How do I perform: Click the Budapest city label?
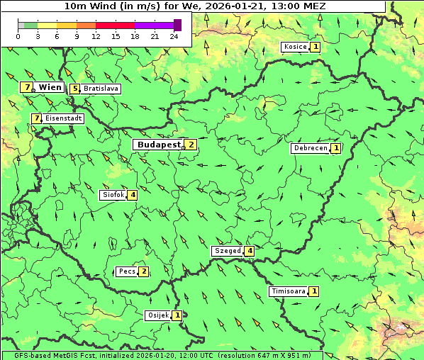(159, 145)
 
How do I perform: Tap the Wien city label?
(50, 87)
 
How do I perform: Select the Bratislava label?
(100, 89)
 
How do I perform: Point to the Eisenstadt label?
(63, 118)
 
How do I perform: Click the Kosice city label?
(295, 47)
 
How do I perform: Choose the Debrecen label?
(311, 149)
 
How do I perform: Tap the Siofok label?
(113, 195)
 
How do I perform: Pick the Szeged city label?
(228, 251)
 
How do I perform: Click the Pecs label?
(128, 271)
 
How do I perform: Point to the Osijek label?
(158, 315)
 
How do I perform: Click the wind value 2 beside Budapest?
(190, 145)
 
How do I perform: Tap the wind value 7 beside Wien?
(27, 87)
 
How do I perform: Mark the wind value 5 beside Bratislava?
(74, 89)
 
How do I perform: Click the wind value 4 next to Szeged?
(249, 251)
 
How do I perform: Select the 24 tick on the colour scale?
(174, 36)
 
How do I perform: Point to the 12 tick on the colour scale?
(96, 36)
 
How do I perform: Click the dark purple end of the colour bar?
(177, 25)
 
